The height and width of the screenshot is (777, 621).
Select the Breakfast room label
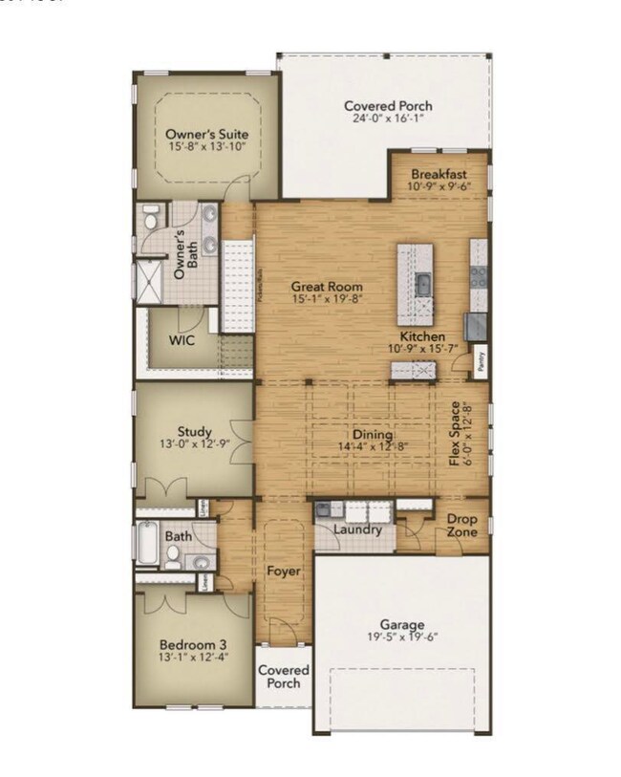[439, 175]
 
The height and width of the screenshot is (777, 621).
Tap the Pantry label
[481, 363]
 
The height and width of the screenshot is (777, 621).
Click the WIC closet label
[182, 340]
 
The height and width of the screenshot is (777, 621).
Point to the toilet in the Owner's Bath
[151, 220]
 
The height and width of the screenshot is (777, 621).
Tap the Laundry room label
[358, 529]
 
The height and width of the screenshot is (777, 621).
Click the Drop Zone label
[462, 525]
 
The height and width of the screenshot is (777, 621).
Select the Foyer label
[284, 572]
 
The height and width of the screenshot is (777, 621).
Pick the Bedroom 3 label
[193, 642]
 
